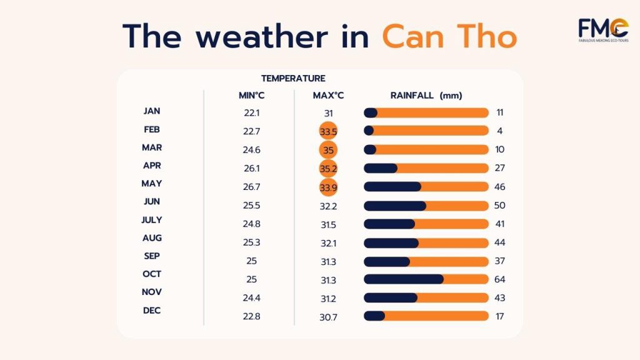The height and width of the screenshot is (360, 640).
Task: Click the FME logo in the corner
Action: click(x=603, y=31)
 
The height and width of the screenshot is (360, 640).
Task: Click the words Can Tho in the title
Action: click(x=449, y=36)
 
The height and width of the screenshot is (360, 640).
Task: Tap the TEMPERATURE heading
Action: click(x=293, y=79)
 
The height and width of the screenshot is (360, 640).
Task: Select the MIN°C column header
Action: click(x=251, y=96)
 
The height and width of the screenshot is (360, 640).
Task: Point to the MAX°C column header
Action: click(x=328, y=96)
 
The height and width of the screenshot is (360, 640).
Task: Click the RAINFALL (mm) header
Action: click(x=426, y=96)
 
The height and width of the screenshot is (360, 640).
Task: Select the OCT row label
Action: click(x=152, y=274)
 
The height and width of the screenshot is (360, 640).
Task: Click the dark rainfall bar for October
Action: click(x=403, y=279)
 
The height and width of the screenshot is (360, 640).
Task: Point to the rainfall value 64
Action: click(x=499, y=279)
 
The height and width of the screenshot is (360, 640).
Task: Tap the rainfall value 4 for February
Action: click(x=499, y=131)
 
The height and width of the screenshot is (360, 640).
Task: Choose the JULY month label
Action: click(x=152, y=220)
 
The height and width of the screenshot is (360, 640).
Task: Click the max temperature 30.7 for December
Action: click(x=328, y=317)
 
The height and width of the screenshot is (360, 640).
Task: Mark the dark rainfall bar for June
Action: click(x=394, y=206)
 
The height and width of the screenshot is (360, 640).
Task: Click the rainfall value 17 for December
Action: click(x=499, y=316)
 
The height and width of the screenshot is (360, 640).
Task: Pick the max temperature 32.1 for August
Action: click(x=328, y=242)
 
